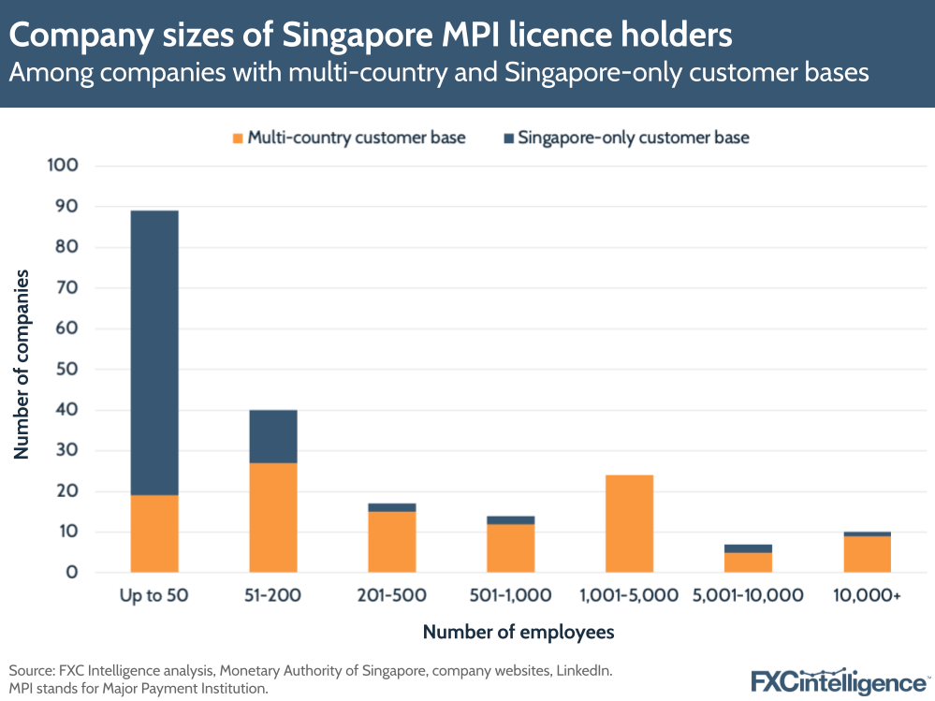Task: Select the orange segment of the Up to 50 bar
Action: (x=154, y=533)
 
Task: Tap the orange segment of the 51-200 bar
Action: (x=273, y=518)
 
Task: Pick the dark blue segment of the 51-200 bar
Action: (x=273, y=436)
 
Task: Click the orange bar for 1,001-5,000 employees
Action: (x=629, y=523)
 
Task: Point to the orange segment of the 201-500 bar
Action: (x=392, y=542)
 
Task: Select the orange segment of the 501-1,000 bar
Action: (x=510, y=548)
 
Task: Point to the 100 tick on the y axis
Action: (x=61, y=167)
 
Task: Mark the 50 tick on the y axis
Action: (x=66, y=370)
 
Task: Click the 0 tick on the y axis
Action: (x=71, y=573)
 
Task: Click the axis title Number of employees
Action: (x=519, y=633)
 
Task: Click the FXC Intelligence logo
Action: (x=838, y=680)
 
